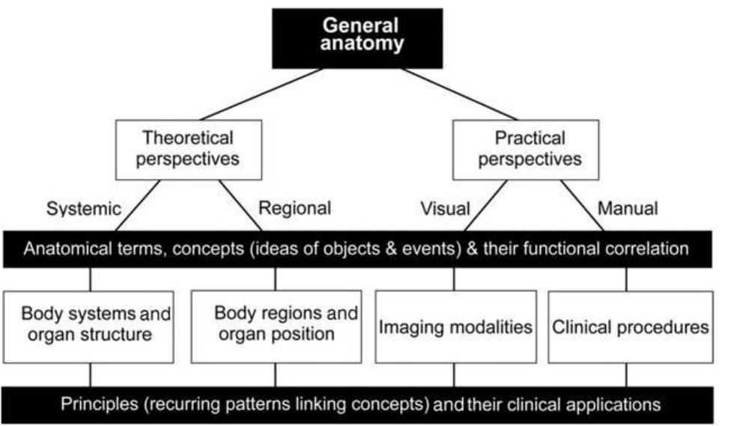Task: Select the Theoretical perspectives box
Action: [188, 148]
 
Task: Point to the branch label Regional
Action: [294, 209]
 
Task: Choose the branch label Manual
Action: [628, 209]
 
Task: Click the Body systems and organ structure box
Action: [91, 323]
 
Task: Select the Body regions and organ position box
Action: [276, 323]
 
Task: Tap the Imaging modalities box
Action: [455, 327]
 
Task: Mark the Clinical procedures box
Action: [629, 327]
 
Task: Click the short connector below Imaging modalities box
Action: [454, 375]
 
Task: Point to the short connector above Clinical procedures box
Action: [627, 279]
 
